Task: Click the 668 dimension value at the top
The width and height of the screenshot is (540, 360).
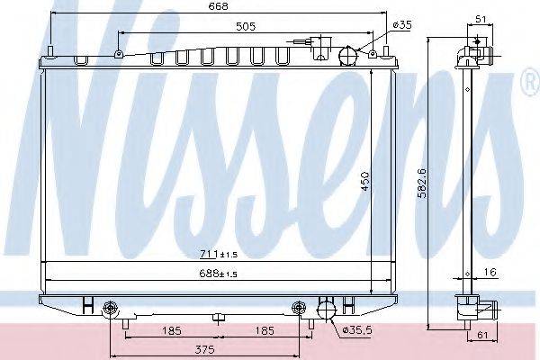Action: click(x=219, y=6)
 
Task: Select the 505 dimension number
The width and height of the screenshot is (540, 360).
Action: click(x=246, y=26)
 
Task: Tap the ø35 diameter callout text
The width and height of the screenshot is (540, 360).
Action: click(x=402, y=25)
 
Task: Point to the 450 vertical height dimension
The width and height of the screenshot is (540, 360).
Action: click(x=364, y=181)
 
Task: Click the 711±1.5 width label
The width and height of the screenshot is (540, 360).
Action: click(x=219, y=255)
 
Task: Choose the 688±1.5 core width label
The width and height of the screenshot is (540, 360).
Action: click(x=219, y=274)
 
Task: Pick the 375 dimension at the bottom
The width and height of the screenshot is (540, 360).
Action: click(x=204, y=349)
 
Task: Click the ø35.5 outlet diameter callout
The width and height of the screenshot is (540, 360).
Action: click(x=358, y=330)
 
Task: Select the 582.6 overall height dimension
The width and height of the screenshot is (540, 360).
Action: click(x=422, y=183)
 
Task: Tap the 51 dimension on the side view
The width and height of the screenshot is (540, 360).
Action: click(x=481, y=19)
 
